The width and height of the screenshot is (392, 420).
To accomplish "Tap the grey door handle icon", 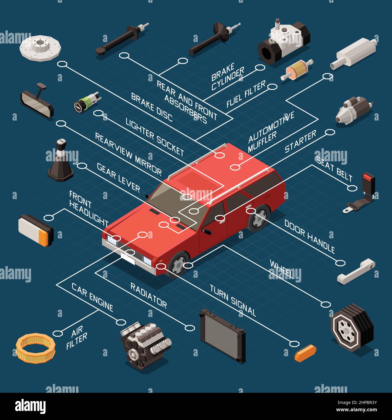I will pyautogui.click(x=356, y=271).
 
